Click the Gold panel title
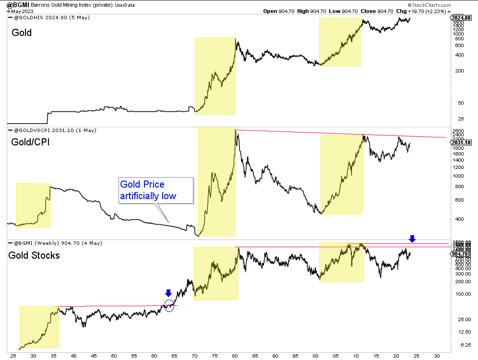tap(22, 33)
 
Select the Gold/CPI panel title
tap(30, 142)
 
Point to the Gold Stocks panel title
tap(34, 255)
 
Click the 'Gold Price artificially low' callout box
tap(155, 190)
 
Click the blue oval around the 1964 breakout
tap(169, 305)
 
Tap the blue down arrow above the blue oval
tap(168, 293)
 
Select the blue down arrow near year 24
tap(412, 239)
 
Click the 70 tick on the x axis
tap(194, 356)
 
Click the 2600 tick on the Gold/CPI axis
tap(458, 131)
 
